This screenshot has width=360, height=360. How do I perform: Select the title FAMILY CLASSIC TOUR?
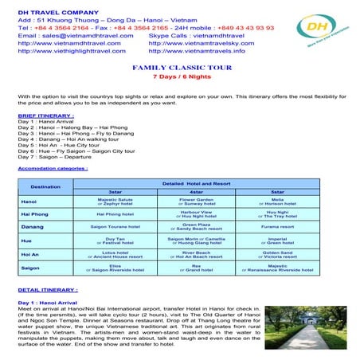coord(181,68)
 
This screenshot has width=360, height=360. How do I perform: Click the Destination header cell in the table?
coord(45,186)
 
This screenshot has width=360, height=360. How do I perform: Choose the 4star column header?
coord(197,192)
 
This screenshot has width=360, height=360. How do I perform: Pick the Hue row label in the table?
coord(29,240)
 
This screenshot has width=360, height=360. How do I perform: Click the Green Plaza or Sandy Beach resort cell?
coord(197,227)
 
